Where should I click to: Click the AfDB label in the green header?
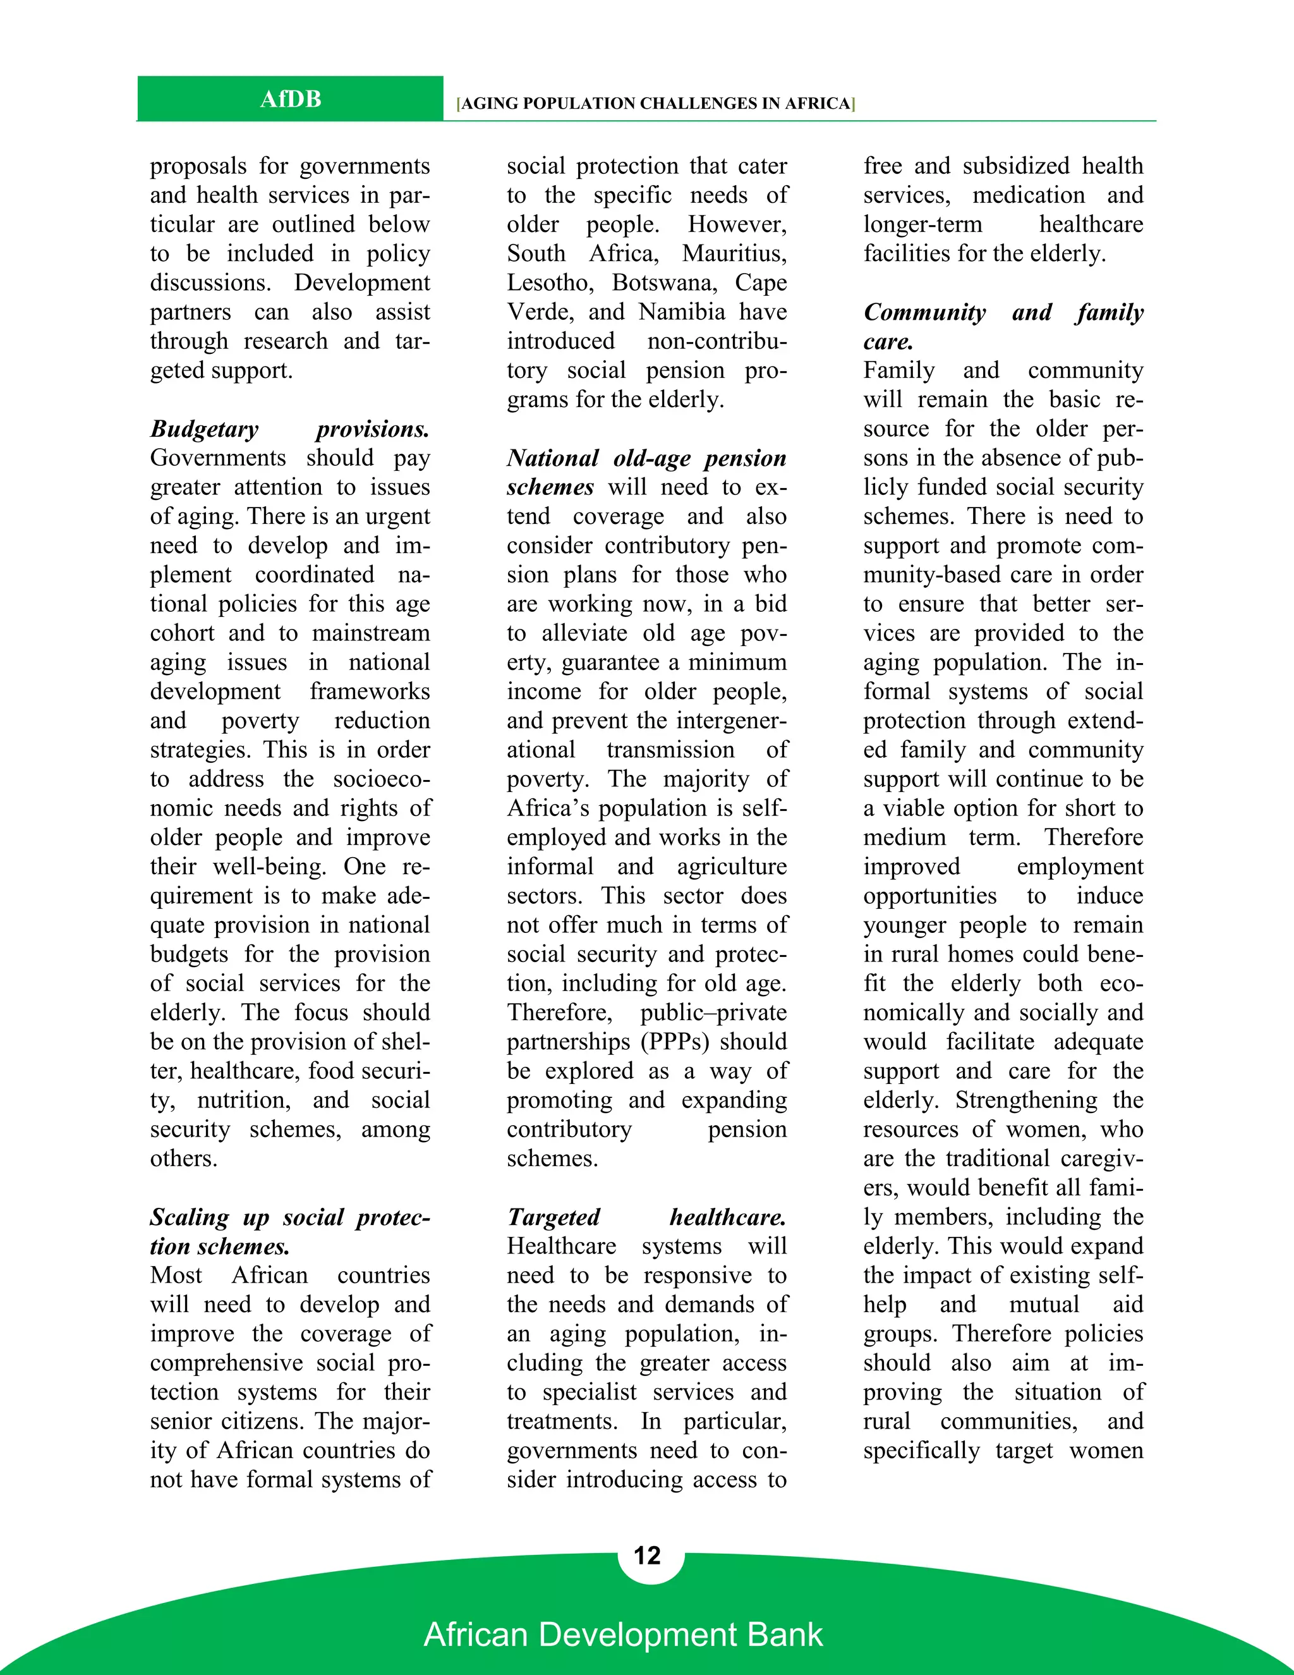290,99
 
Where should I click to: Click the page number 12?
647,1556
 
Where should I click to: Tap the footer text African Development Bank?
623,1635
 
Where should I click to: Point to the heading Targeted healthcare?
646,1217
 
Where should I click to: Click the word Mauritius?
734,253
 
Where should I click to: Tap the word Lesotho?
550,283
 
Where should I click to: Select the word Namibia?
682,312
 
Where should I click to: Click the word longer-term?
922,224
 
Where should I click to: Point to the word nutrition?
244,1100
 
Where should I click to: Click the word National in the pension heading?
552,458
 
